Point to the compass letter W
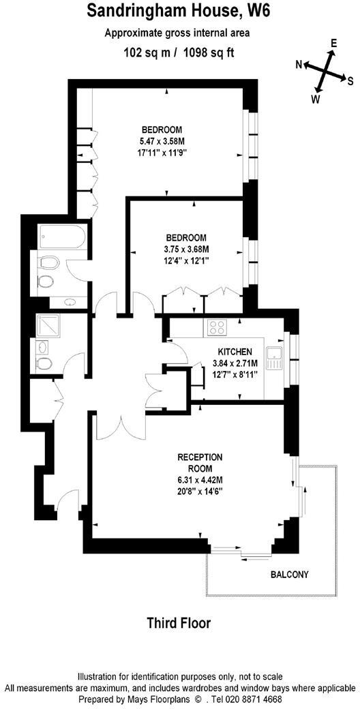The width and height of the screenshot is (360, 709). coord(316,99)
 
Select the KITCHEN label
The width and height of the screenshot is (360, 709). coord(226,351)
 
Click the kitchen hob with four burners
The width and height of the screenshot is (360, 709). coord(217,327)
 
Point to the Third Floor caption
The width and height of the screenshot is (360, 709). coord(179,623)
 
